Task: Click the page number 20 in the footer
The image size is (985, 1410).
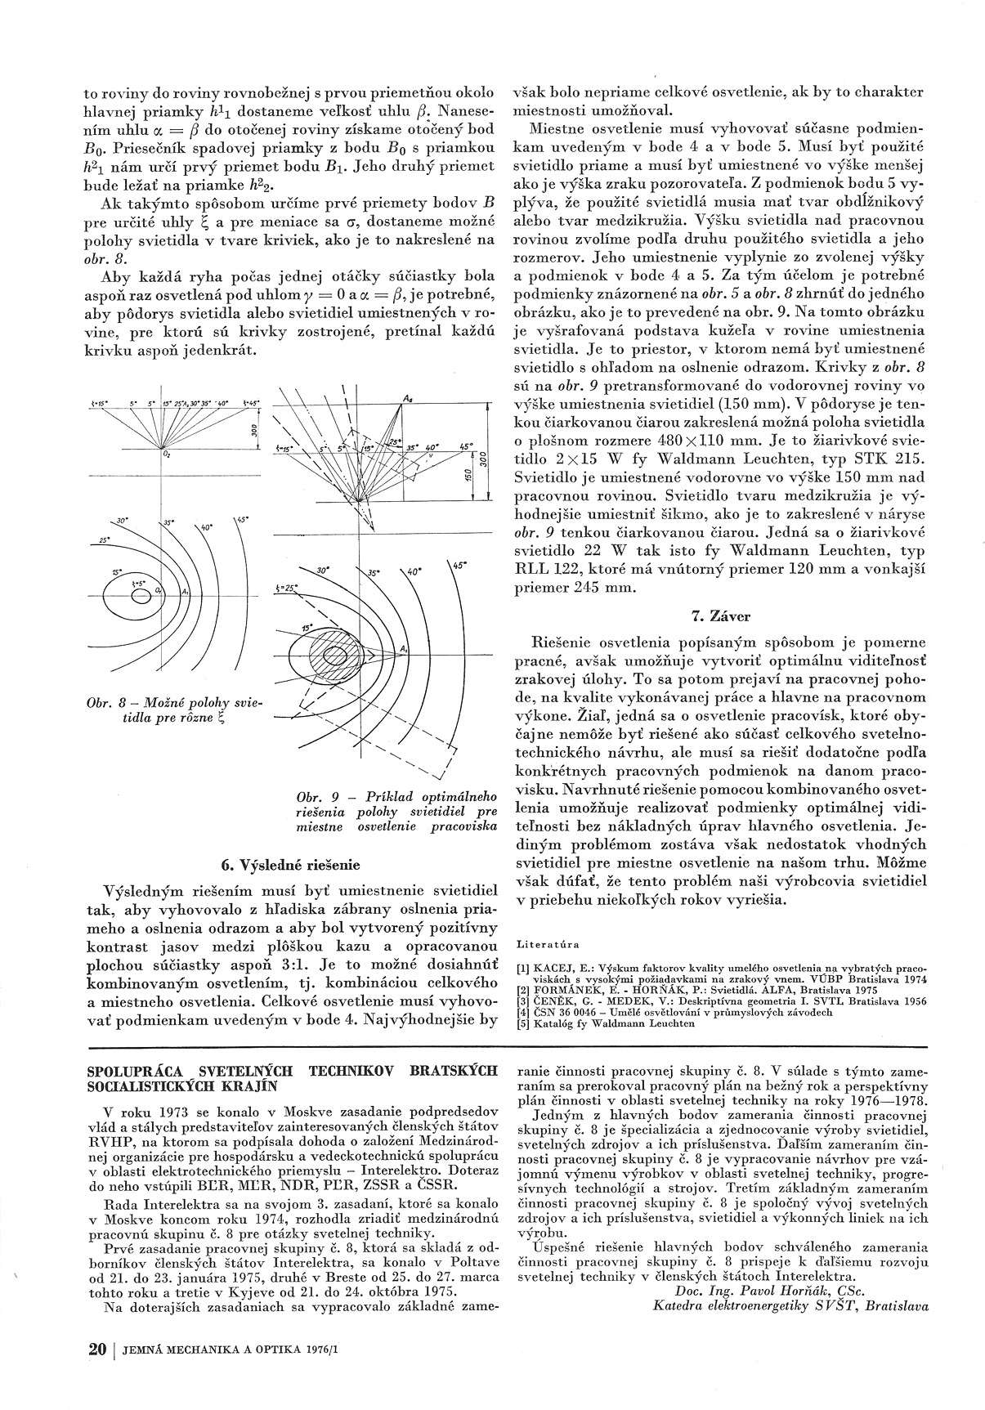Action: (x=97, y=1350)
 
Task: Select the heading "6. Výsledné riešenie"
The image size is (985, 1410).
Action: (x=290, y=864)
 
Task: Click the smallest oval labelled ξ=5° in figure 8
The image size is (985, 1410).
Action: (x=141, y=593)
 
